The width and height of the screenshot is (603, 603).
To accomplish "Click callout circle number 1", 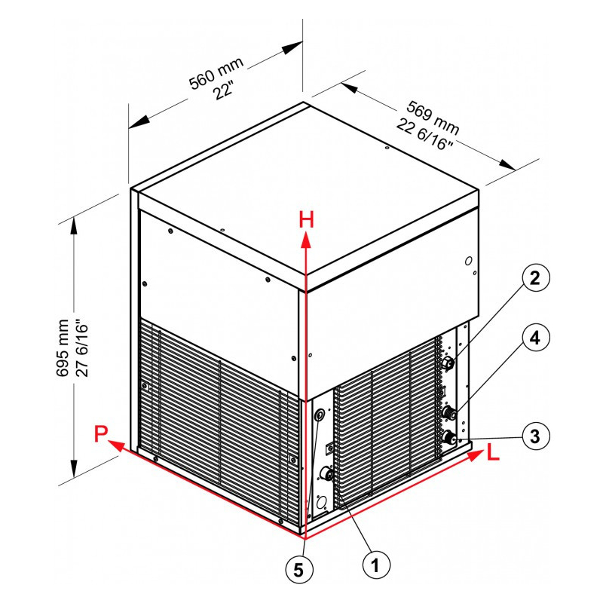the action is [x=376, y=565].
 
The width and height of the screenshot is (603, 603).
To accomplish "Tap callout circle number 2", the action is [x=536, y=277].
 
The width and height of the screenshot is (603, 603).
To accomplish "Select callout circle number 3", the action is [x=536, y=436].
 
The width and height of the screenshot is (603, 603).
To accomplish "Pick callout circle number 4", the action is [x=536, y=337].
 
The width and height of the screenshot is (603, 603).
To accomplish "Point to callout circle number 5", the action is [x=299, y=571].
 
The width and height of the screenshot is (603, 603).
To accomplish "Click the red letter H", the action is [x=307, y=220].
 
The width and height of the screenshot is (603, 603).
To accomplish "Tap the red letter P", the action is [x=100, y=434].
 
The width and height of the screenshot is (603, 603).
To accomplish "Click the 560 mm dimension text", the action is [x=216, y=73].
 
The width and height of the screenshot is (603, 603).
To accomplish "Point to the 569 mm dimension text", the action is [x=433, y=118].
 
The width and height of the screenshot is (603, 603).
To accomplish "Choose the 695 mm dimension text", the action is [x=63, y=348].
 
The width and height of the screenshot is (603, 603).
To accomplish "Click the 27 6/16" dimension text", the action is [x=82, y=348].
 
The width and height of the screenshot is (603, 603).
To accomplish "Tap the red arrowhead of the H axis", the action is [x=306, y=240].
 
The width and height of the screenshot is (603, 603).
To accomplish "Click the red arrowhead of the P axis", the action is [x=116, y=446].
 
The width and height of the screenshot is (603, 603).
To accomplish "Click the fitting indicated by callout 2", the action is [x=448, y=363].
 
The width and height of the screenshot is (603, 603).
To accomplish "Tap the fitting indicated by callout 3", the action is [x=447, y=437].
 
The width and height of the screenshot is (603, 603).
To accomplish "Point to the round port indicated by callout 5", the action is [x=320, y=415].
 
